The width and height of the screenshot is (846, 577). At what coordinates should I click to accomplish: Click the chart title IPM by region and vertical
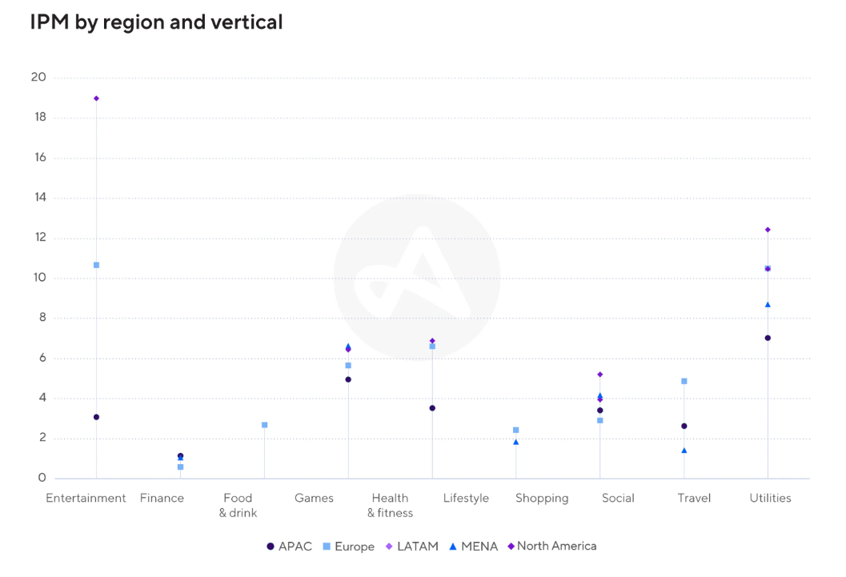point(156,22)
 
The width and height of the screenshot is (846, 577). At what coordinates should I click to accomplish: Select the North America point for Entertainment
point(96,98)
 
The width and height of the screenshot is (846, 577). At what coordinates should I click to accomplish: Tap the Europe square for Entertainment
point(96,265)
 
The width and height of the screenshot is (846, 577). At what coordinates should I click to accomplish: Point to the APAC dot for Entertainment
point(96,417)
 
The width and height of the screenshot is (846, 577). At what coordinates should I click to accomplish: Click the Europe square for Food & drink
point(264,425)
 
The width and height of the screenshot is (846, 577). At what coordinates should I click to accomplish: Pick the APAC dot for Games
point(348,379)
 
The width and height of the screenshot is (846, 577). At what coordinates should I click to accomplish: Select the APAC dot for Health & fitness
point(432,408)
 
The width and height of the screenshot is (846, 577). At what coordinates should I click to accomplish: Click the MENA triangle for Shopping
point(516,442)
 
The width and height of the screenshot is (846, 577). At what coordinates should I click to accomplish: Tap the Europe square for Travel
point(684,381)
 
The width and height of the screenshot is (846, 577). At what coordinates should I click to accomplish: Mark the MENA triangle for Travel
point(684,451)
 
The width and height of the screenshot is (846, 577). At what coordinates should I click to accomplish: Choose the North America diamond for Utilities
point(768,230)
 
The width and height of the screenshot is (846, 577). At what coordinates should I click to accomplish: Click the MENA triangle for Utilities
point(768,305)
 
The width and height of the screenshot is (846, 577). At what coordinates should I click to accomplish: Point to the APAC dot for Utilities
point(768,338)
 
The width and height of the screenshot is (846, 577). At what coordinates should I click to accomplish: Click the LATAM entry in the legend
point(412,547)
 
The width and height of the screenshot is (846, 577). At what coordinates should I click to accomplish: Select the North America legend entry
point(552,547)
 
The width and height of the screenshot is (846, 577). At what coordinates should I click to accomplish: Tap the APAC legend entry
point(289,547)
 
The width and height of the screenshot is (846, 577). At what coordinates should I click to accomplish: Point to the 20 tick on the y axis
point(38,78)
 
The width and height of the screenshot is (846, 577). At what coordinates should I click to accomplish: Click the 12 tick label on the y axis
point(38,238)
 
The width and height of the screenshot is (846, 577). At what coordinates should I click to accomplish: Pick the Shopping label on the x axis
point(542,498)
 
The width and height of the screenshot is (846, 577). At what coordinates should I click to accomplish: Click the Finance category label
point(162,498)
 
